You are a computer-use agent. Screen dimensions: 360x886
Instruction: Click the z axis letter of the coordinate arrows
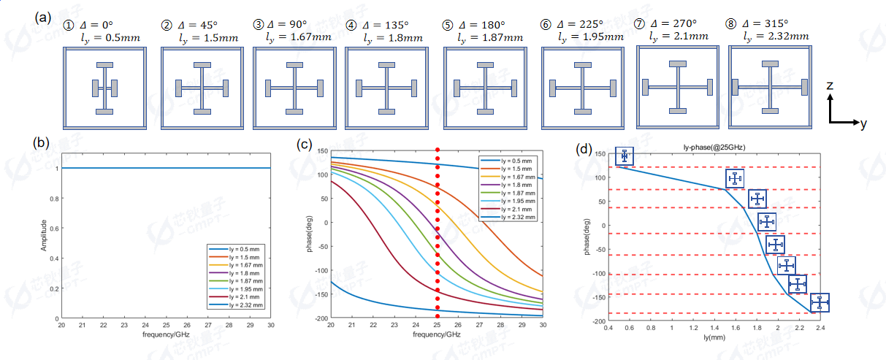(x=830, y=85)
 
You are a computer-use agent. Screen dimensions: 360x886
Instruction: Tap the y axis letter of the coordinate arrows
(x=863, y=124)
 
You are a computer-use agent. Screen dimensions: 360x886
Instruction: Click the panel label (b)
(x=42, y=144)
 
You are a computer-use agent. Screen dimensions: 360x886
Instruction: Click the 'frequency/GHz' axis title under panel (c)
(x=437, y=334)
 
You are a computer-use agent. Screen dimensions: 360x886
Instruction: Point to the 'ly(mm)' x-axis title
(x=714, y=338)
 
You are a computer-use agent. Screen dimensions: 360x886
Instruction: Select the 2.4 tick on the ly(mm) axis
(x=820, y=328)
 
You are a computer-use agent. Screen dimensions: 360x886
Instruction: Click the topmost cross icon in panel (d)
(x=625, y=156)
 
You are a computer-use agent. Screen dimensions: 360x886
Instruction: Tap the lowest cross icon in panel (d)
(x=820, y=302)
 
